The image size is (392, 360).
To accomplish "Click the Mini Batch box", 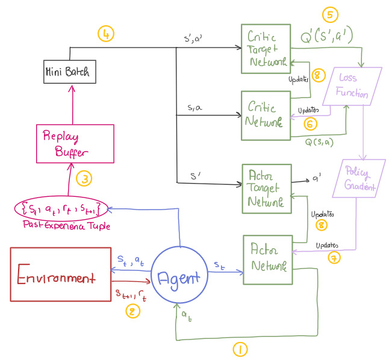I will click(x=67, y=72).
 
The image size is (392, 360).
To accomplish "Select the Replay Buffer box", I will click(x=75, y=144).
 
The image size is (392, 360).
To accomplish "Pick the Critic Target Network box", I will click(x=266, y=49).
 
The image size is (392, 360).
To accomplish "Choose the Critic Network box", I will click(x=266, y=114).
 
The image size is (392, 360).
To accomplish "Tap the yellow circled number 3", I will click(x=84, y=178).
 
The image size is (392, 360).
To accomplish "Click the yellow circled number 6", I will click(x=310, y=123).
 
